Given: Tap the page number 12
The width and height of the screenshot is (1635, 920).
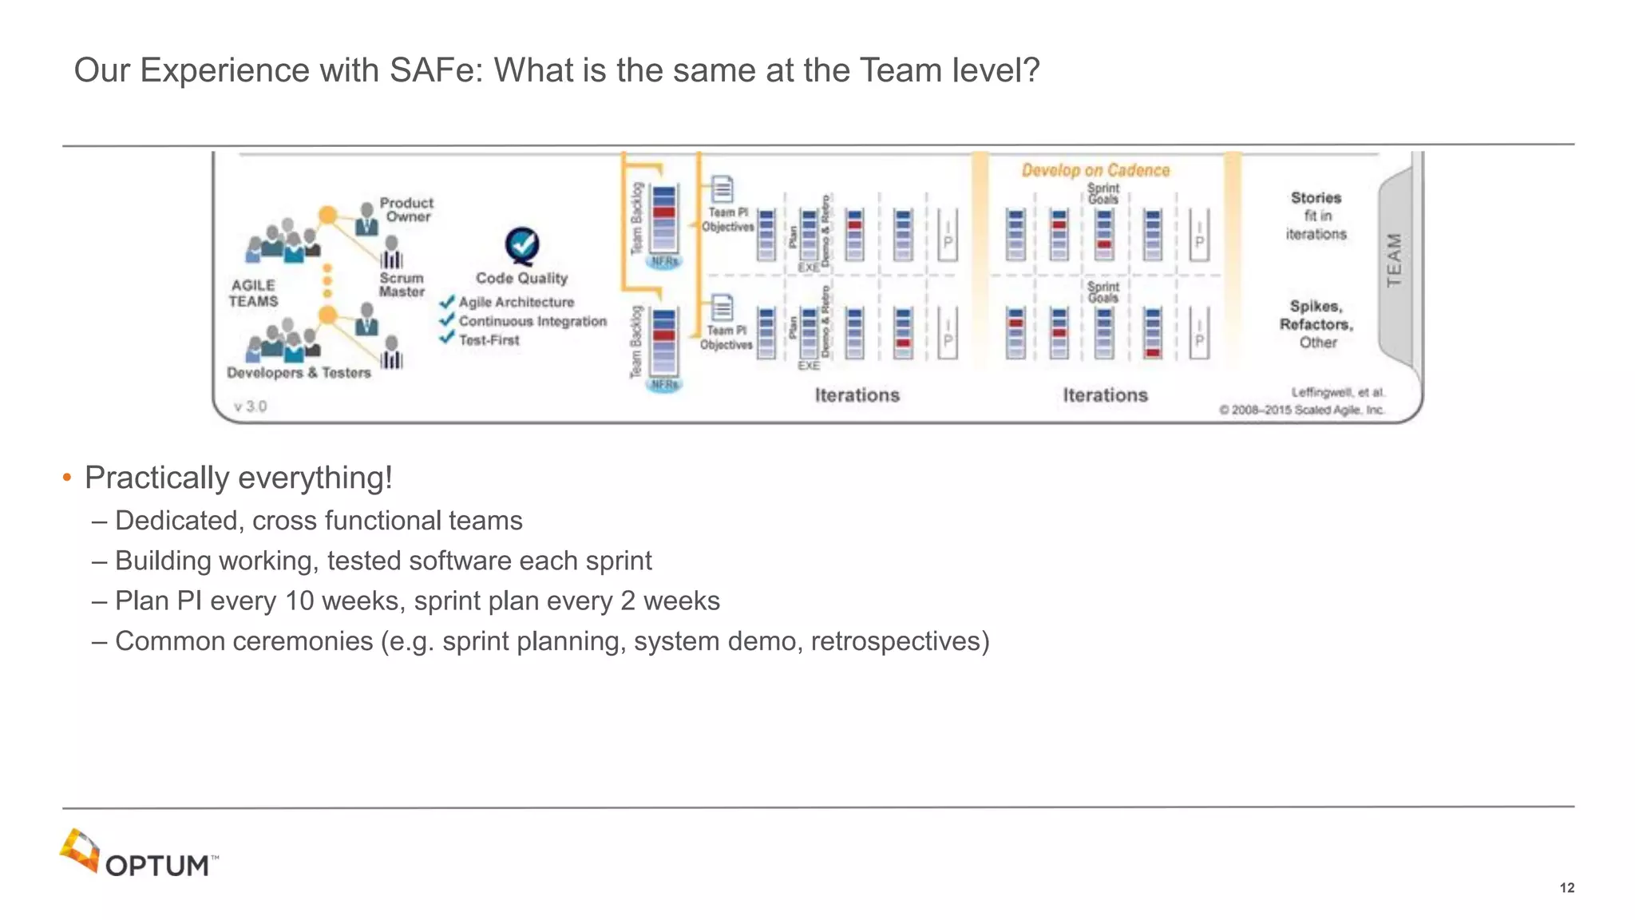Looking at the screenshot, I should coord(1566,888).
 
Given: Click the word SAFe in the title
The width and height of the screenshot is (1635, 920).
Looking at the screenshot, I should coord(436,70).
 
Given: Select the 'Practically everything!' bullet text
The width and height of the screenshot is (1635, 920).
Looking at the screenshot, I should coord(238,478).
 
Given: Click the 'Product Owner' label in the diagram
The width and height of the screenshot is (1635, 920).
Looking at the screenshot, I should coord(407,209).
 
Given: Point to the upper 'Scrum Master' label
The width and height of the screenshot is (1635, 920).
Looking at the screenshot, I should coord(402,284).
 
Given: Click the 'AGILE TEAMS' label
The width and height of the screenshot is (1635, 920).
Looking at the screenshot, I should coord(253,293).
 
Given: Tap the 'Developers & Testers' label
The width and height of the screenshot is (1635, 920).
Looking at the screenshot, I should coord(299,372).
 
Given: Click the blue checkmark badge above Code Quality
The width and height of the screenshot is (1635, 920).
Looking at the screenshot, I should coord(522,246).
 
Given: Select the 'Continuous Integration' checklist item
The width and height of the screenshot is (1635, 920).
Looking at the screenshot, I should coord(532,321).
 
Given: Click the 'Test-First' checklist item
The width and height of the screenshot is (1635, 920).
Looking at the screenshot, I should coord(489,340).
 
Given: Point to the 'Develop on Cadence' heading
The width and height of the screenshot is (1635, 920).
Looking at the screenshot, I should coord(1095,170).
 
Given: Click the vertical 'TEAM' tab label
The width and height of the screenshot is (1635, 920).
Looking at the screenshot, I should coord(1394,260).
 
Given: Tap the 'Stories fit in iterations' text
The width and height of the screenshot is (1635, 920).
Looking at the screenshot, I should coord(1316,216).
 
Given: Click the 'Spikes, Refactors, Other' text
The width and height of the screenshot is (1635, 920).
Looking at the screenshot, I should coord(1316,324).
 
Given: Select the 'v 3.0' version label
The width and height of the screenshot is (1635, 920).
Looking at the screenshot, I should coord(250,406).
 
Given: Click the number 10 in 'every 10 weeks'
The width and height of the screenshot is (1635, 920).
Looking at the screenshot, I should coord(299,601).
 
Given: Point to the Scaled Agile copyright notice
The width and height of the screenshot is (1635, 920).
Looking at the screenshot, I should coord(1301,410).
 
